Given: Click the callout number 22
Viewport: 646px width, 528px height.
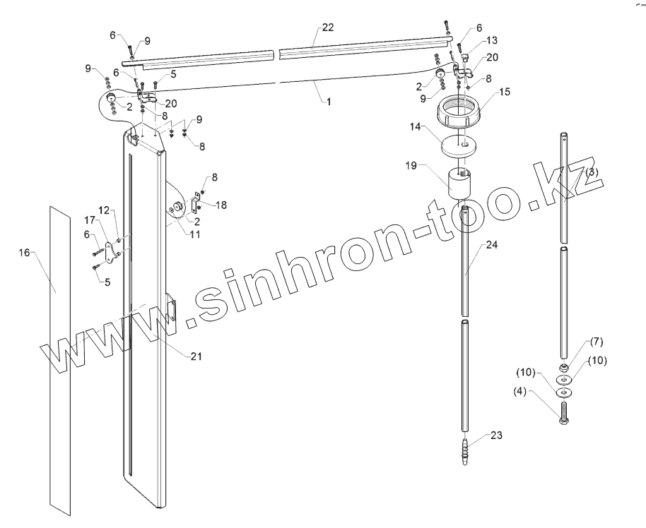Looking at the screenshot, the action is tap(327, 28).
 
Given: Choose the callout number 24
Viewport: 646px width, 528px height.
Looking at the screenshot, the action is tap(492, 246).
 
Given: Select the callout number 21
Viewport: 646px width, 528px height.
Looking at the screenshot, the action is tap(196, 356).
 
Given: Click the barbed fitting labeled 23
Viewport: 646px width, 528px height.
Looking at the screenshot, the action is tap(464, 450).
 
